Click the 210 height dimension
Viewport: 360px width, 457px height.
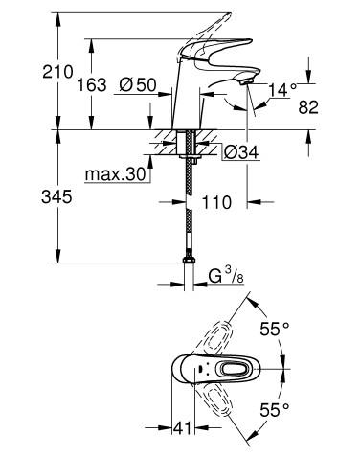click(x=29, y=70)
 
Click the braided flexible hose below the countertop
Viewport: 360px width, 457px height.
click(x=188, y=211)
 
